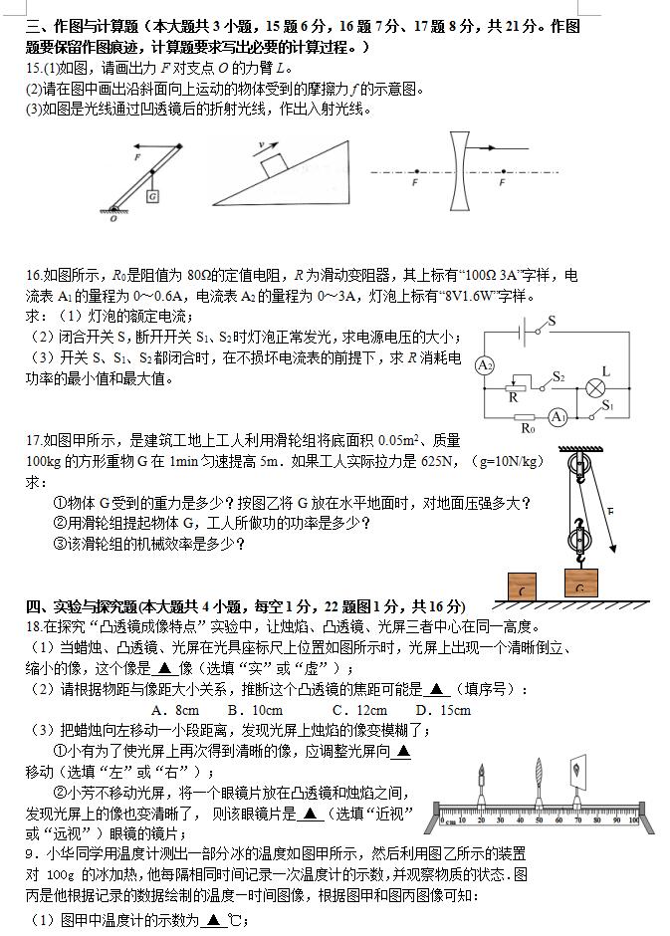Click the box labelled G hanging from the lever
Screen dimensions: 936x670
152,196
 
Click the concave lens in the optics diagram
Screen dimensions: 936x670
457,173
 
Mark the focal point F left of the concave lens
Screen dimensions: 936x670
415,172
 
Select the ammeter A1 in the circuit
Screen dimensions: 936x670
558,416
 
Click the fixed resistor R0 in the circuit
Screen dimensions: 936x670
528,417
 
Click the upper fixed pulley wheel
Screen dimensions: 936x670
574,467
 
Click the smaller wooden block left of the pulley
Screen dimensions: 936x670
523,587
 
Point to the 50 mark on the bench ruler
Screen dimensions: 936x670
539,819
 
